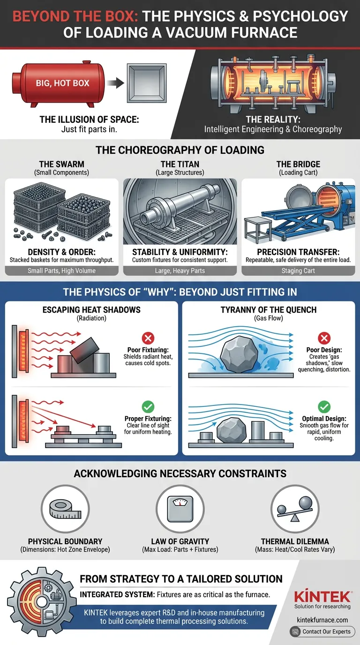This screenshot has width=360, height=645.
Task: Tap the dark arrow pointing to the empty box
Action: (x=115, y=83)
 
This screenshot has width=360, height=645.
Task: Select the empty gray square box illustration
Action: (x=147, y=83)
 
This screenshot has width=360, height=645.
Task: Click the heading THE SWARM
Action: (x=61, y=164)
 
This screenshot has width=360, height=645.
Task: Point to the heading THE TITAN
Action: (x=180, y=164)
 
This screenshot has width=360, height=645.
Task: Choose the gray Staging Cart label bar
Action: (x=298, y=270)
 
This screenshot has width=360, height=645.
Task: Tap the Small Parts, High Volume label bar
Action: (x=61, y=270)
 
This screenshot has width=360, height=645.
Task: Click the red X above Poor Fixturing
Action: (x=148, y=338)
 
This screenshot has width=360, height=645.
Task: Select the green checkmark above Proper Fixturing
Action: (x=148, y=406)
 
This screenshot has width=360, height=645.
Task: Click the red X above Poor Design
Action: (x=324, y=338)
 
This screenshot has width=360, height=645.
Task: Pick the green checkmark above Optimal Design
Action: (x=324, y=406)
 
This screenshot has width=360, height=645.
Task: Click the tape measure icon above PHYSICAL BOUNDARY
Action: (x=65, y=509)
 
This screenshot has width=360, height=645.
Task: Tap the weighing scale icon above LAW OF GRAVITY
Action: (x=180, y=509)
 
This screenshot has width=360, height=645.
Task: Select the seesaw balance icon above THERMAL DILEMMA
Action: (x=295, y=508)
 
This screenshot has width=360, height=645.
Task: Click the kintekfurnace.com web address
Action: (x=322, y=620)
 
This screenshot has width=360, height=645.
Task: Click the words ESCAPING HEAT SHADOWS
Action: (x=91, y=310)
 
